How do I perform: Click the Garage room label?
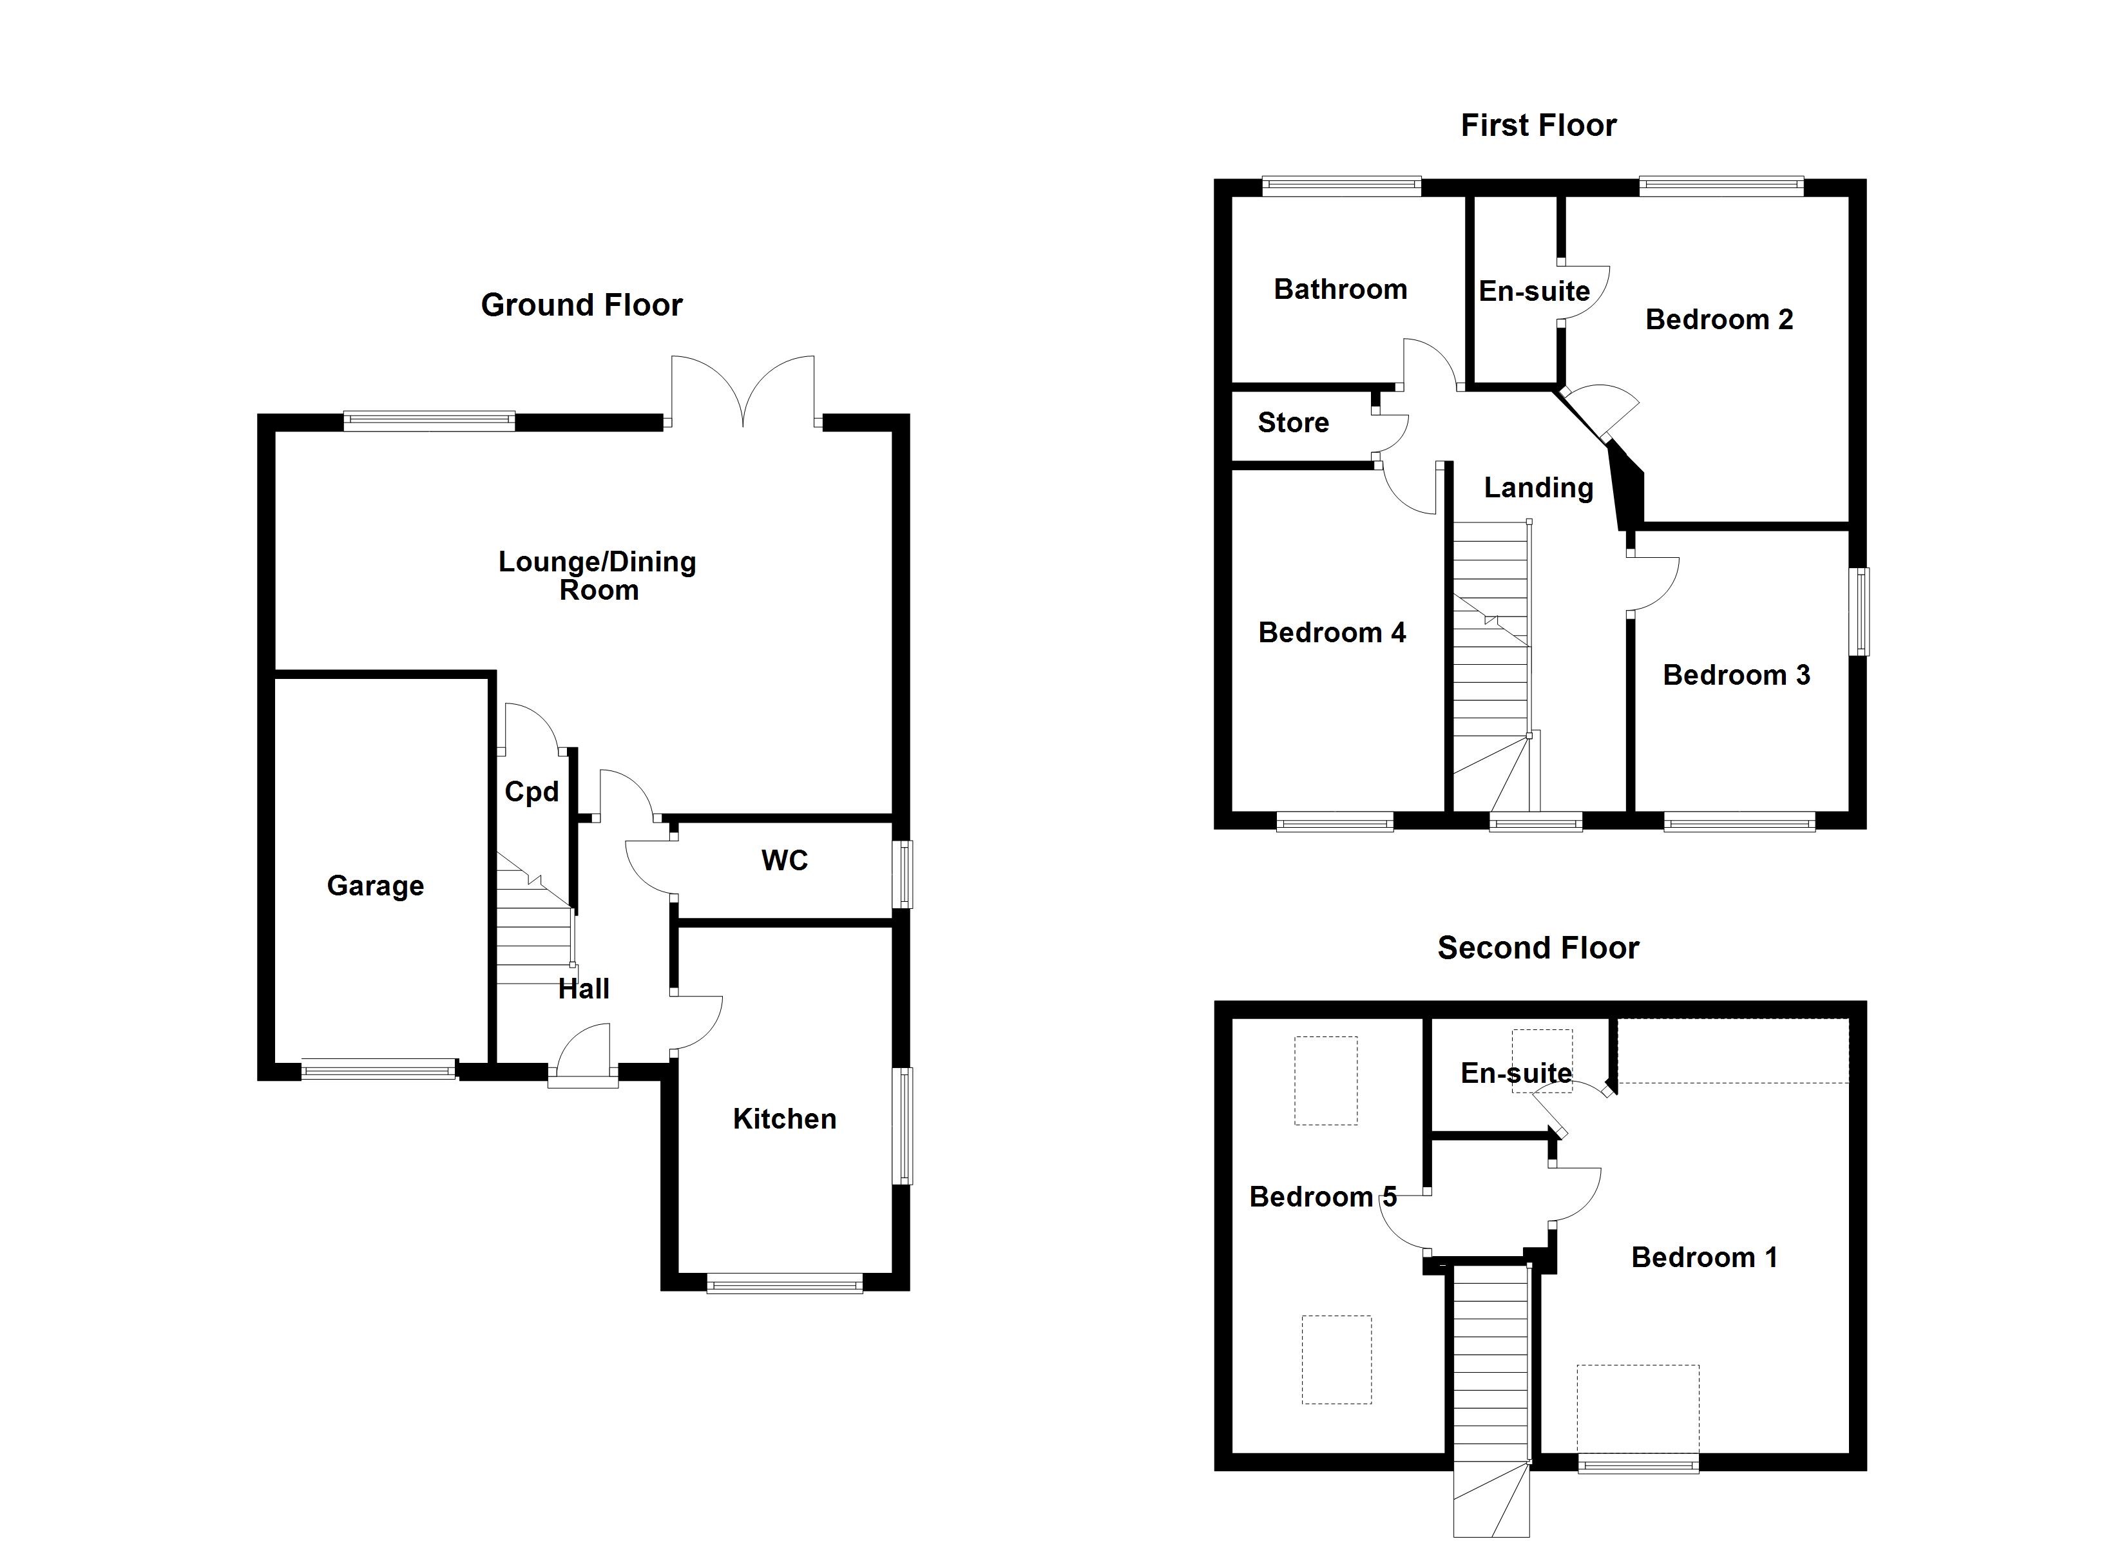click(375, 886)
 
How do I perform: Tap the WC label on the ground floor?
click(785, 861)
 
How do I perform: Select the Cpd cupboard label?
click(531, 792)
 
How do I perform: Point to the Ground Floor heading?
click(581, 305)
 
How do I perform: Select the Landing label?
click(1538, 488)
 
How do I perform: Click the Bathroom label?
click(1341, 290)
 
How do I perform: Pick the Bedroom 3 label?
click(1736, 675)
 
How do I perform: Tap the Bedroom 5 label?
click(1323, 1198)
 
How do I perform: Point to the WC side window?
click(902, 875)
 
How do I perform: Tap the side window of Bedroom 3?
click(1858, 611)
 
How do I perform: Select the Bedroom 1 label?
click(1704, 1257)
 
